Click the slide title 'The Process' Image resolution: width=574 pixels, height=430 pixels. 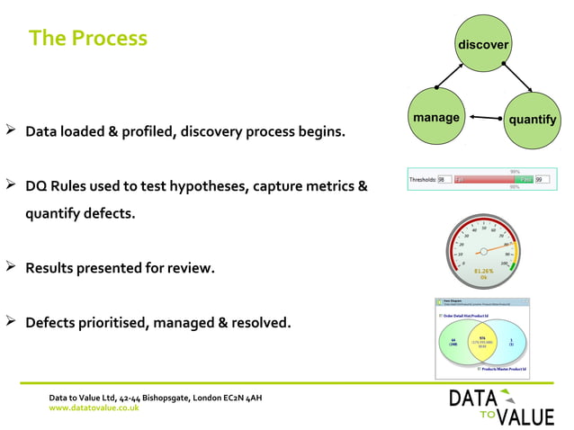click(x=87, y=38)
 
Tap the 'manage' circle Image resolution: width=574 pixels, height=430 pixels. click(x=436, y=117)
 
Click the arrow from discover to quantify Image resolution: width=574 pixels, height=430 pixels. click(x=520, y=79)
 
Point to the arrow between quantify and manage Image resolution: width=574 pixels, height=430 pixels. click(x=486, y=118)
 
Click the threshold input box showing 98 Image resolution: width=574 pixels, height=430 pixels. click(x=444, y=180)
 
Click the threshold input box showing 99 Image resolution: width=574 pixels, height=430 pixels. click(x=542, y=180)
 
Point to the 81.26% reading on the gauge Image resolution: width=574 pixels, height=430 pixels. click(x=484, y=271)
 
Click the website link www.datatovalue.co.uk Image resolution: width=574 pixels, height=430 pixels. click(x=94, y=408)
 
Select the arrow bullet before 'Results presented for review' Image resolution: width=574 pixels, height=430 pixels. click(x=12, y=267)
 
